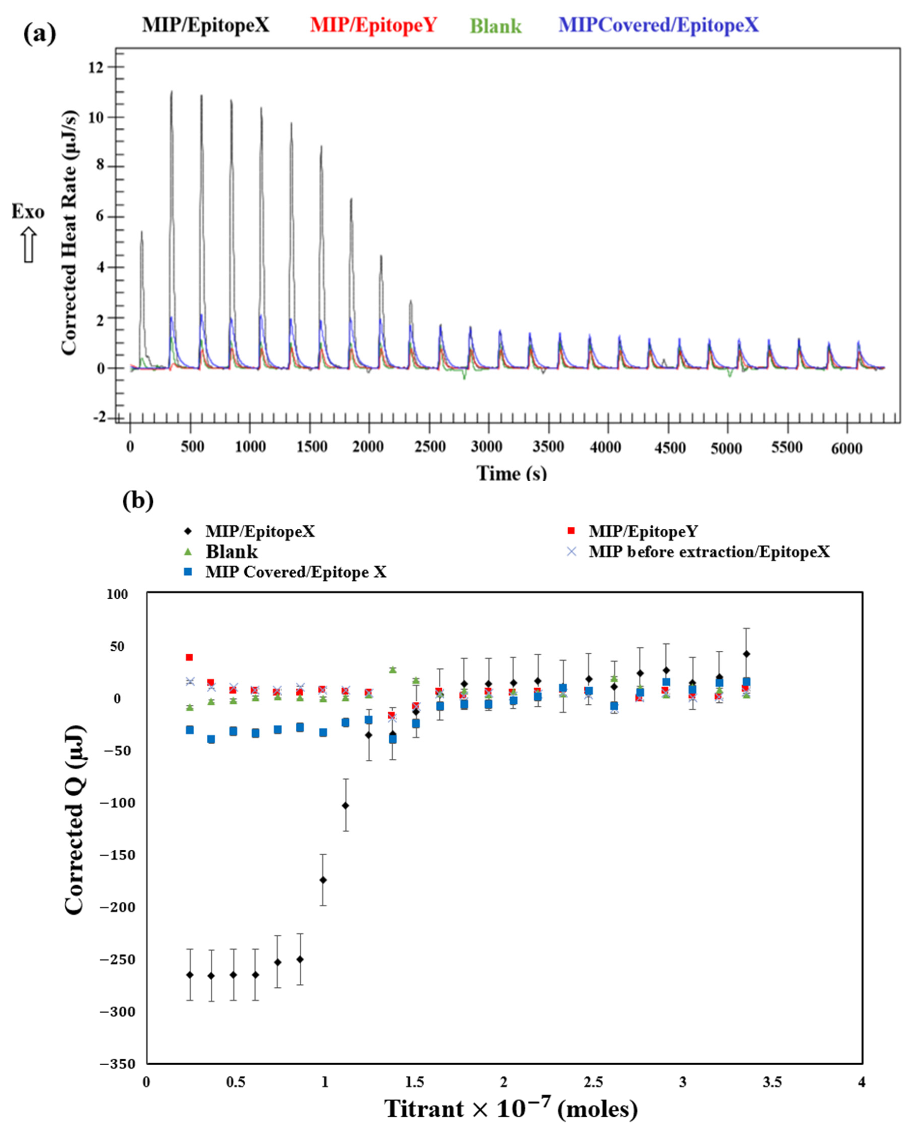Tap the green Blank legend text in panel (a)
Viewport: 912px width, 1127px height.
pos(495,26)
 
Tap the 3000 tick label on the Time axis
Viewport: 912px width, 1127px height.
pos(487,447)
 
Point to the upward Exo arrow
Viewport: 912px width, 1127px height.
pos(28,245)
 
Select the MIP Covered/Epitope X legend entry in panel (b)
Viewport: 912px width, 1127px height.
pos(295,572)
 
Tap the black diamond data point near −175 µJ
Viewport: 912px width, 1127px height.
pos(323,880)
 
